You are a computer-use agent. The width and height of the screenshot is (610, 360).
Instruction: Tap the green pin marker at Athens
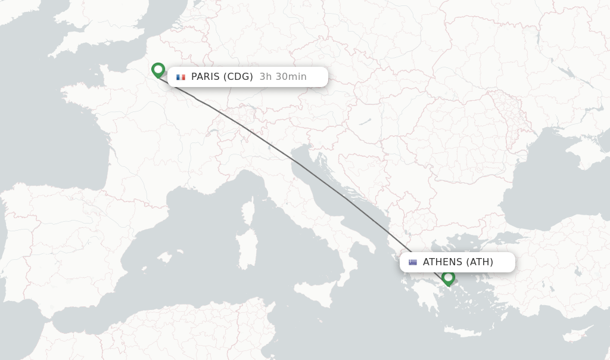pos(449,278)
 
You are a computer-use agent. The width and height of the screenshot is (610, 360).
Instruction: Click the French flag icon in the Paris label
pos(180,77)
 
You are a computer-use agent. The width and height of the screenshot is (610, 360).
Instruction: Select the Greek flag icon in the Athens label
pos(413,262)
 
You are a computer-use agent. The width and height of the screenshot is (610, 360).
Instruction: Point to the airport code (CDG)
pos(238,77)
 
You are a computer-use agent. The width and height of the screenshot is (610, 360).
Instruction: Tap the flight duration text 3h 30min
pos(283,77)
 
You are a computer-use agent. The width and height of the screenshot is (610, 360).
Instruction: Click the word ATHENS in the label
pos(443,262)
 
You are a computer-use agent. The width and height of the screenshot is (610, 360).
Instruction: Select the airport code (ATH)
pos(480,262)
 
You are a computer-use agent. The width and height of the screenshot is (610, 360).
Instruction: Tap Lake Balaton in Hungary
pos(365,122)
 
